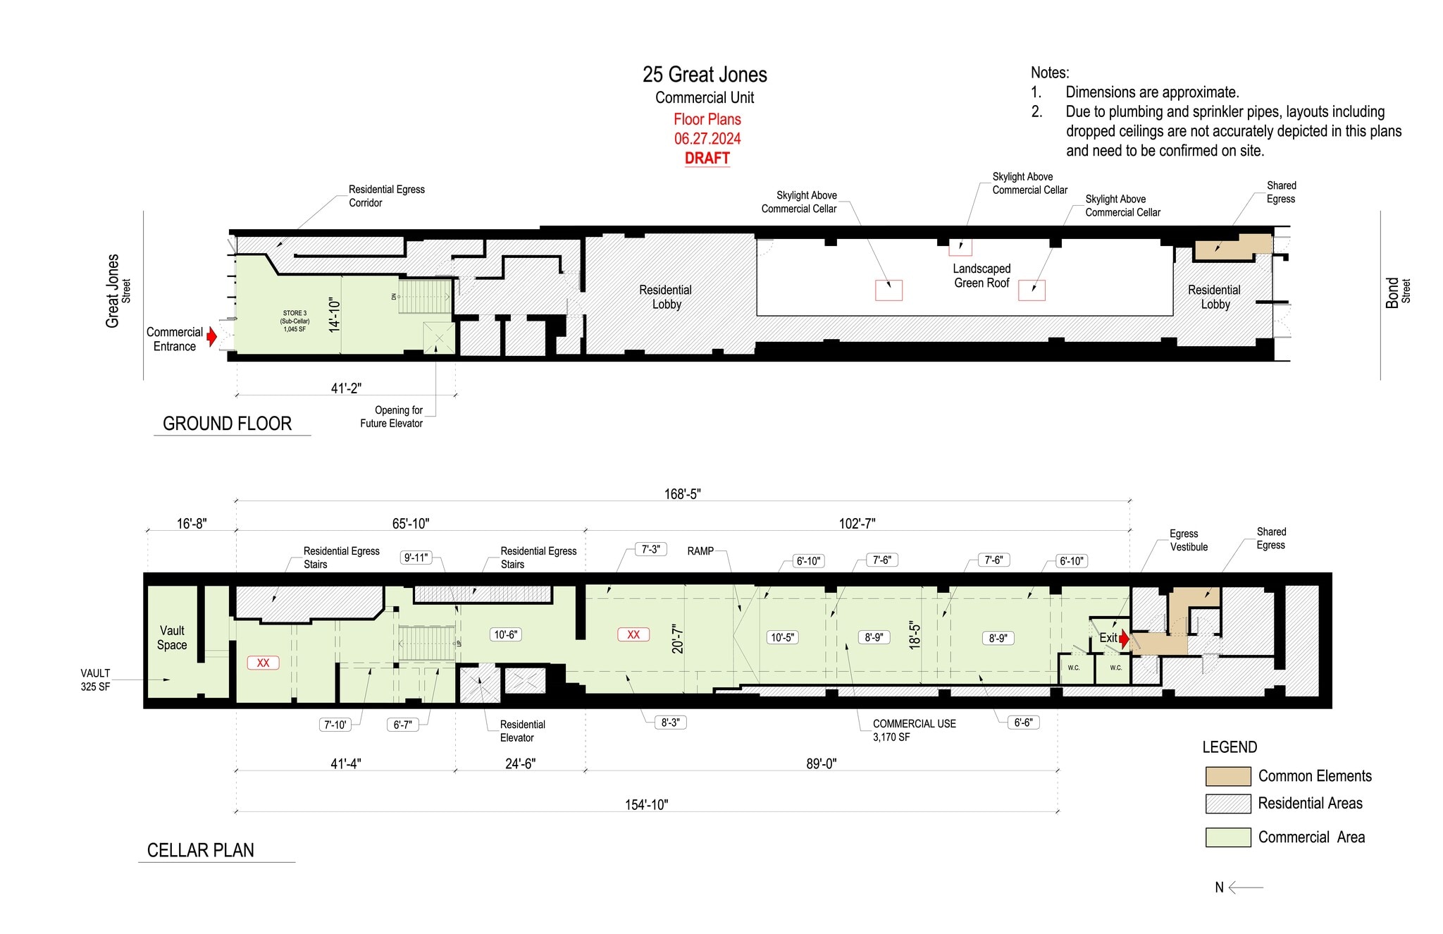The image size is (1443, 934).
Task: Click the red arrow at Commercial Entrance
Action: click(x=211, y=337)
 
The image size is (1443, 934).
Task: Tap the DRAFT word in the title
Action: click(x=707, y=158)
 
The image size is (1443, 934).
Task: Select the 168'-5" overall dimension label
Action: click(x=682, y=494)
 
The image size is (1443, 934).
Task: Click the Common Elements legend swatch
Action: click(x=1227, y=776)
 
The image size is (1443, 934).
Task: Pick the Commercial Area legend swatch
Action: click(x=1227, y=837)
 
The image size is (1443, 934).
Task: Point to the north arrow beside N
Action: click(x=1246, y=887)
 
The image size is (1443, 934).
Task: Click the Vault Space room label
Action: click(x=172, y=638)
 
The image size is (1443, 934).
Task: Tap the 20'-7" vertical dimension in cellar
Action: click(x=677, y=639)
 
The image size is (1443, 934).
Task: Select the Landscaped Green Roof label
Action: click(x=981, y=276)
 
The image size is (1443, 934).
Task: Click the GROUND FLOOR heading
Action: click(x=227, y=424)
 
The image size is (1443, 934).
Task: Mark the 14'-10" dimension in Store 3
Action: click(x=335, y=314)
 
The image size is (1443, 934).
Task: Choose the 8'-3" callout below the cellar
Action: click(x=669, y=723)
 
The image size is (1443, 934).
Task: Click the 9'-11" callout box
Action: click(x=416, y=558)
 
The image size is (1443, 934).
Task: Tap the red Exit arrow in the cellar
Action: click(x=1125, y=639)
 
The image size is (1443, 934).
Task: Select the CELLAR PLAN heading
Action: click(x=200, y=850)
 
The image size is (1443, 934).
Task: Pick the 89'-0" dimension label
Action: click(x=821, y=763)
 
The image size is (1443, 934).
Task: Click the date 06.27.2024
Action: click(x=707, y=138)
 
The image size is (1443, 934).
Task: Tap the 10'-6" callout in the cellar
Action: click(x=505, y=634)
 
